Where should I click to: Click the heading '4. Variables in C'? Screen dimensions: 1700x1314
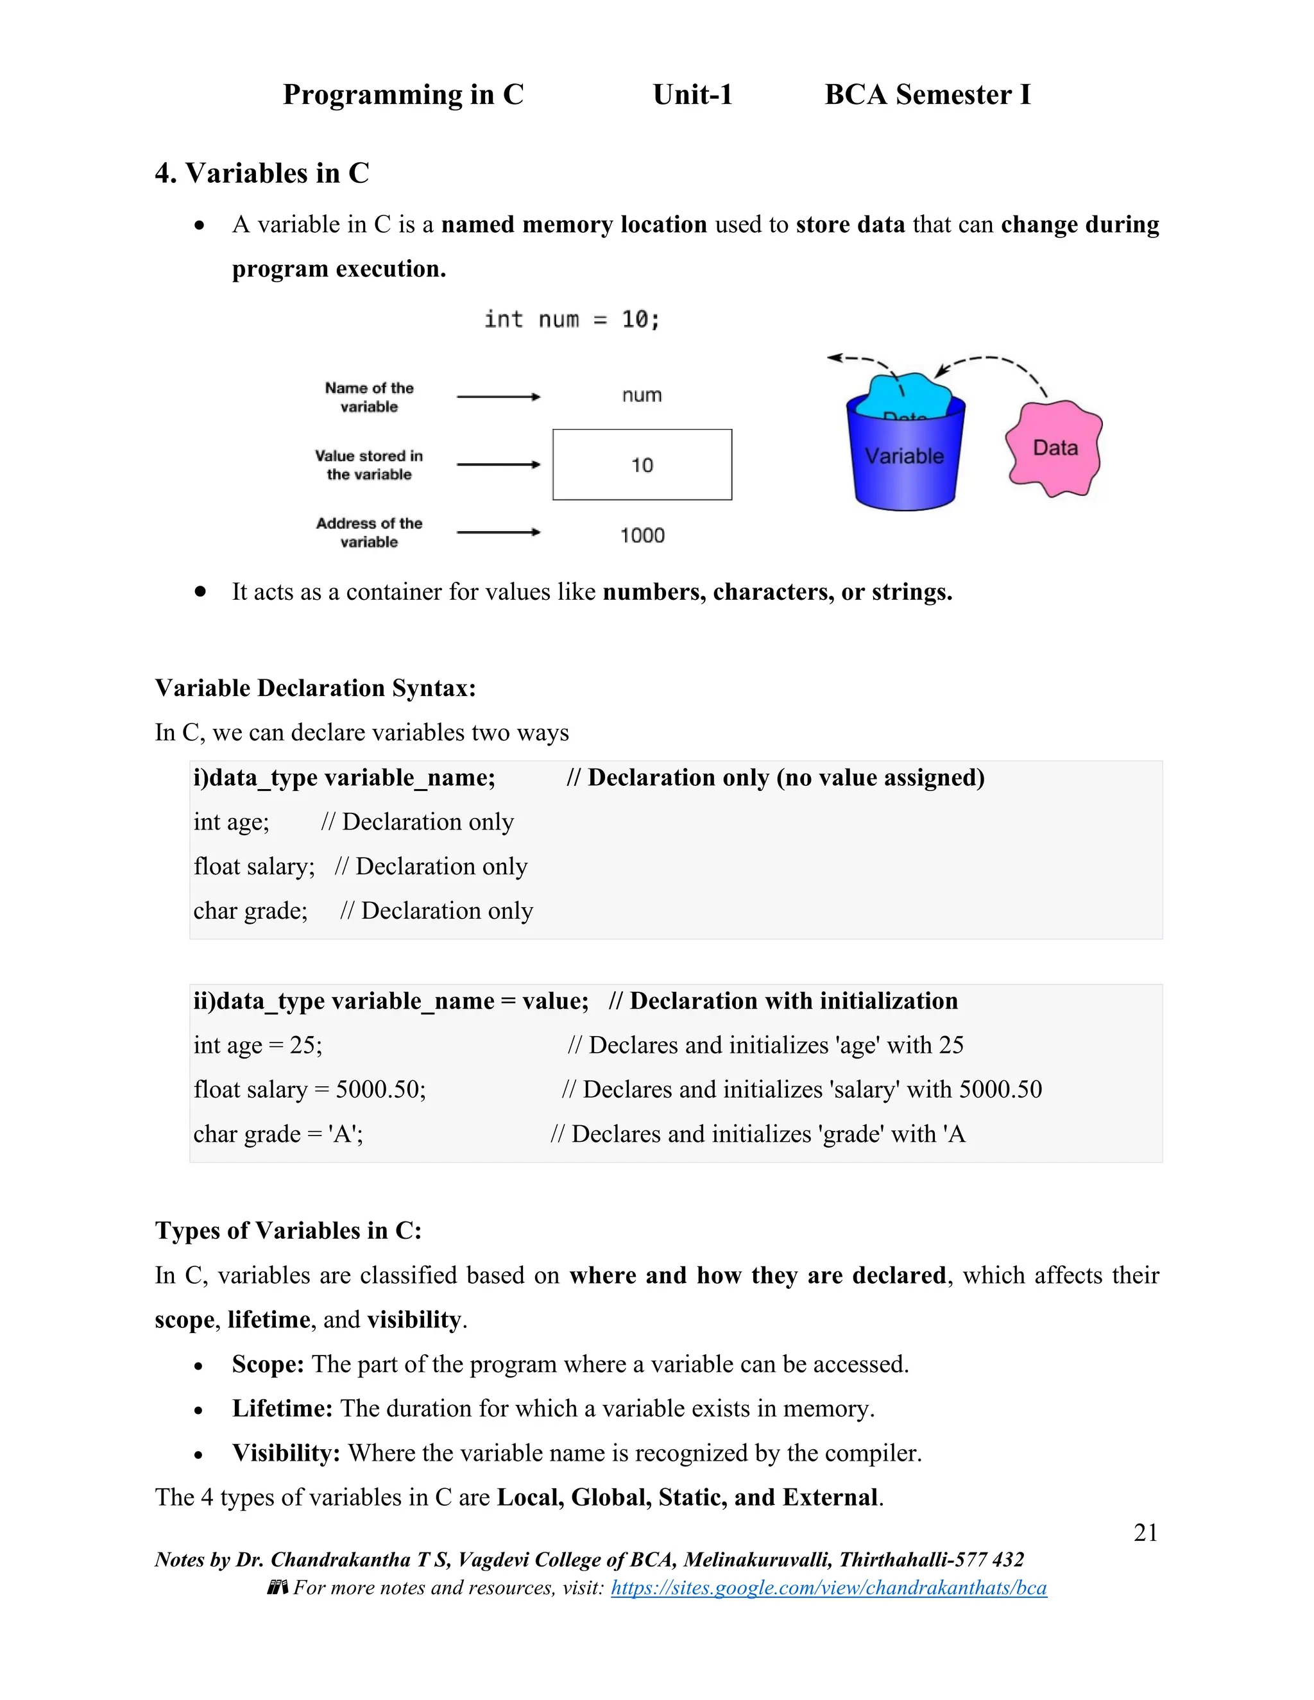coord(262,173)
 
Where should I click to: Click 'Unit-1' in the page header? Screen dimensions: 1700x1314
coord(692,95)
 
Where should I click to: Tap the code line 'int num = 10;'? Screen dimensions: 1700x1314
coord(572,319)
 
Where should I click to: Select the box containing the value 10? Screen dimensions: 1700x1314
coord(642,464)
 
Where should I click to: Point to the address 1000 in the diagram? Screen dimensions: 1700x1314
coord(642,536)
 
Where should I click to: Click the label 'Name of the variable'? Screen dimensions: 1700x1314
coord(369,397)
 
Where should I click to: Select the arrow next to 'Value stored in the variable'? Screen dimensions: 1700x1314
coord(498,464)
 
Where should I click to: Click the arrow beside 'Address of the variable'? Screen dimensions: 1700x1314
coord(498,532)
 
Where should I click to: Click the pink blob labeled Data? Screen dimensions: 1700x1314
coord(1054,448)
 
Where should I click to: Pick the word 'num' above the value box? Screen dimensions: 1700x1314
coord(642,395)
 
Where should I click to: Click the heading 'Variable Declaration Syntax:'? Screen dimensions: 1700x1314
coord(315,688)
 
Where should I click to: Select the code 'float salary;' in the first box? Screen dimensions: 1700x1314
coord(254,866)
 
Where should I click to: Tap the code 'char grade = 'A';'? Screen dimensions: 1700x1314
coord(278,1134)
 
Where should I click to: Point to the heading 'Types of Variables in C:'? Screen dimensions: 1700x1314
coord(288,1230)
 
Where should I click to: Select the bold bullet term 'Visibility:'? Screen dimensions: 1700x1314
coord(286,1452)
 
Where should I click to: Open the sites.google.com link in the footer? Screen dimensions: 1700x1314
coord(828,1588)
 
